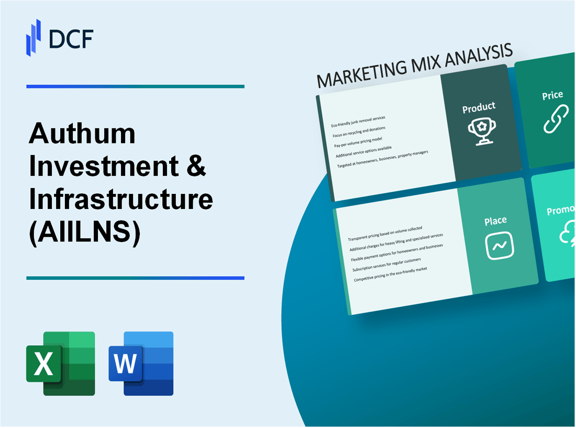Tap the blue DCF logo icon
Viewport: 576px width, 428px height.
coord(34,37)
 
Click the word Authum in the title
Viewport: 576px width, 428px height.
coord(82,134)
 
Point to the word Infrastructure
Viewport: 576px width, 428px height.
coord(121,199)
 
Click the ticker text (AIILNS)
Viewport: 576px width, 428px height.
coord(84,232)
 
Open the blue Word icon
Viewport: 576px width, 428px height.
coord(141,363)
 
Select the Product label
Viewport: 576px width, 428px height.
coord(479,107)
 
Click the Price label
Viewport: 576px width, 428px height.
coord(552,95)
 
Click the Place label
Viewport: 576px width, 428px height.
coord(495,221)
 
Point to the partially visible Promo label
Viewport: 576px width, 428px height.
coord(561,211)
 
